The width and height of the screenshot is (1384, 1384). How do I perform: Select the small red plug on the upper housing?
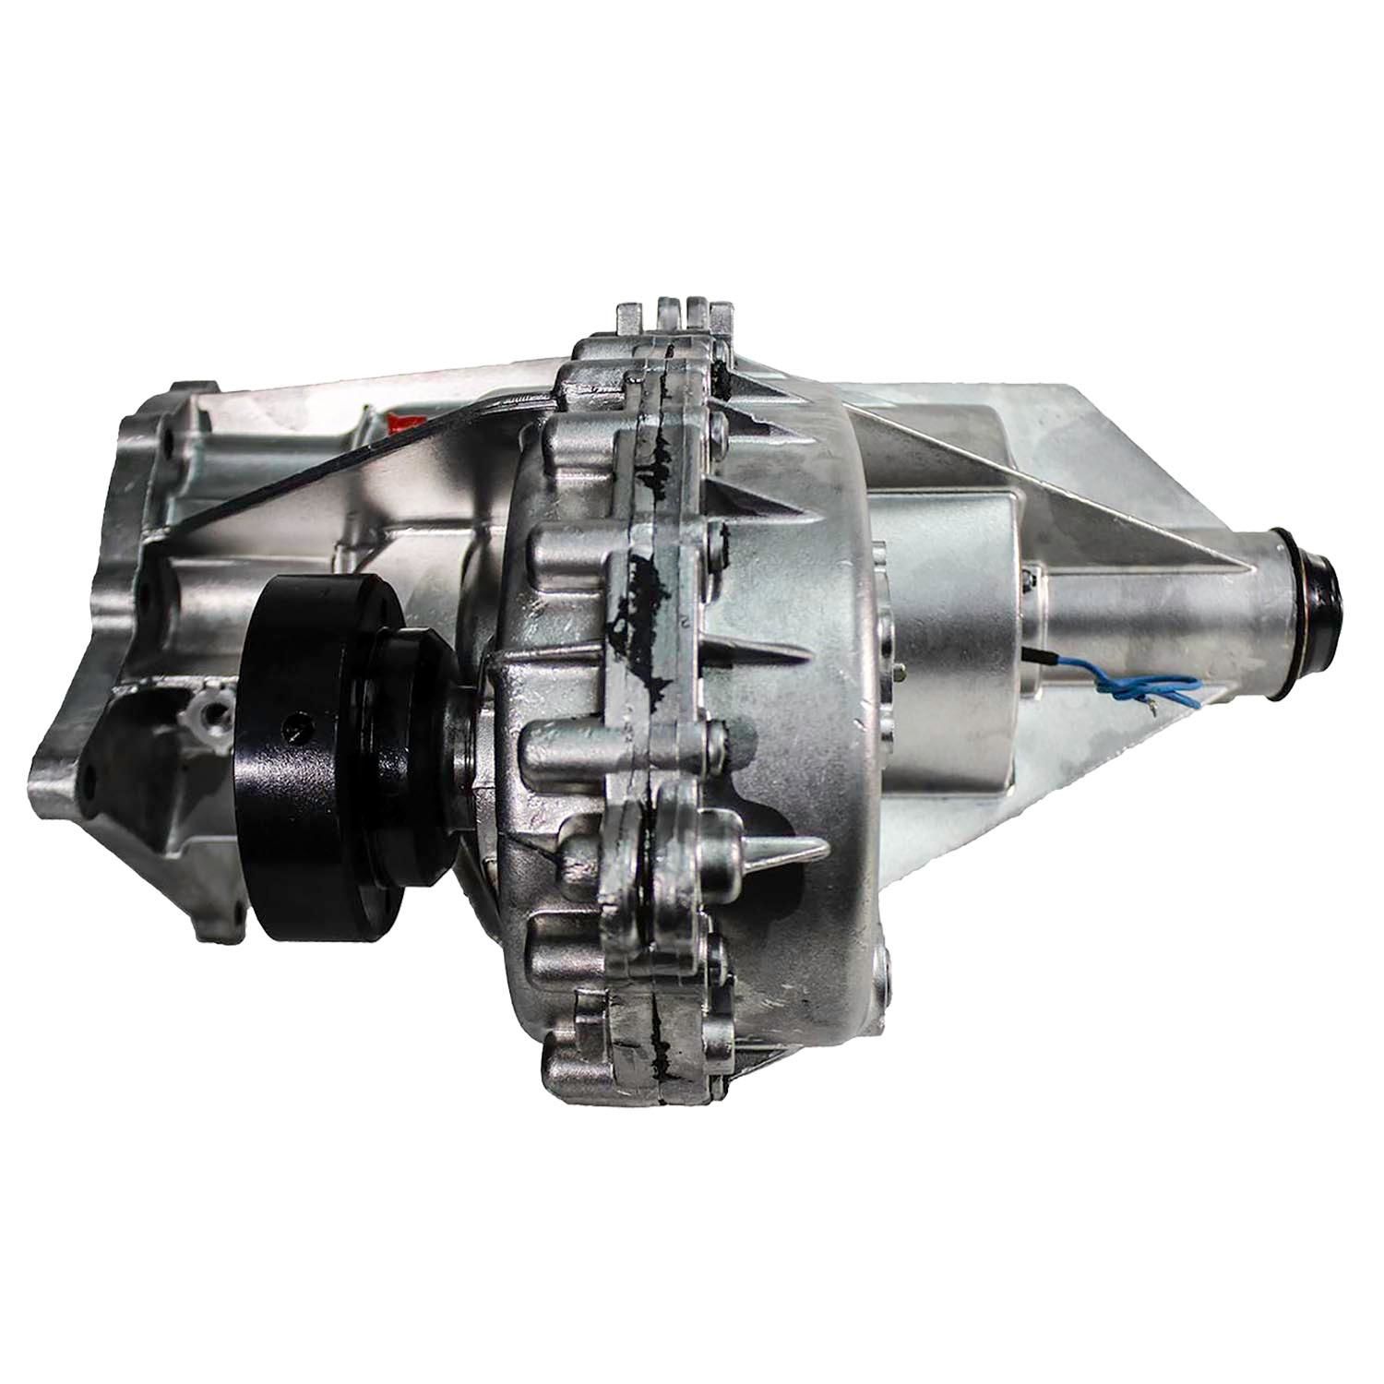[x=403, y=424]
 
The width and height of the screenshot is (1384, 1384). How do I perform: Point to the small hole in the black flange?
[x=292, y=725]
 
